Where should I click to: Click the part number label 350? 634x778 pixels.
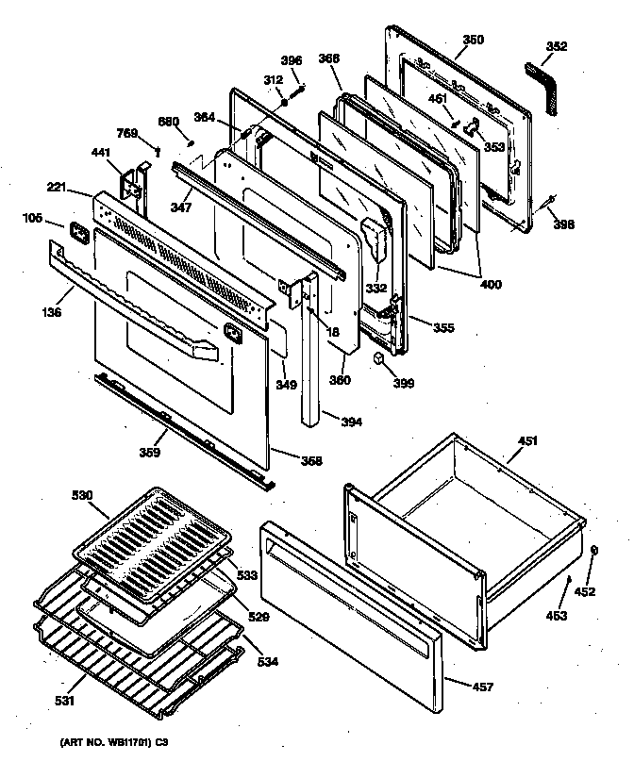click(474, 40)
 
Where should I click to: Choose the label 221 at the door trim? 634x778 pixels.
click(58, 189)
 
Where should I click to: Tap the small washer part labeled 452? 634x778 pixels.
click(593, 550)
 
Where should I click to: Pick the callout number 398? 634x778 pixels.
click(563, 225)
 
